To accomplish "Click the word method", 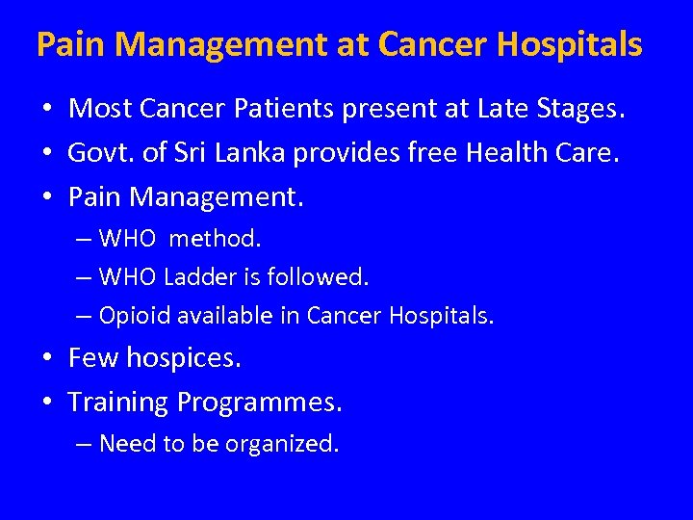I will pos(215,237).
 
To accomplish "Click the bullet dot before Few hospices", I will pos(46,360).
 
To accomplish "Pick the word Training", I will pos(118,403).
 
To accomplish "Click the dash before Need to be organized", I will pos(84,444).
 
